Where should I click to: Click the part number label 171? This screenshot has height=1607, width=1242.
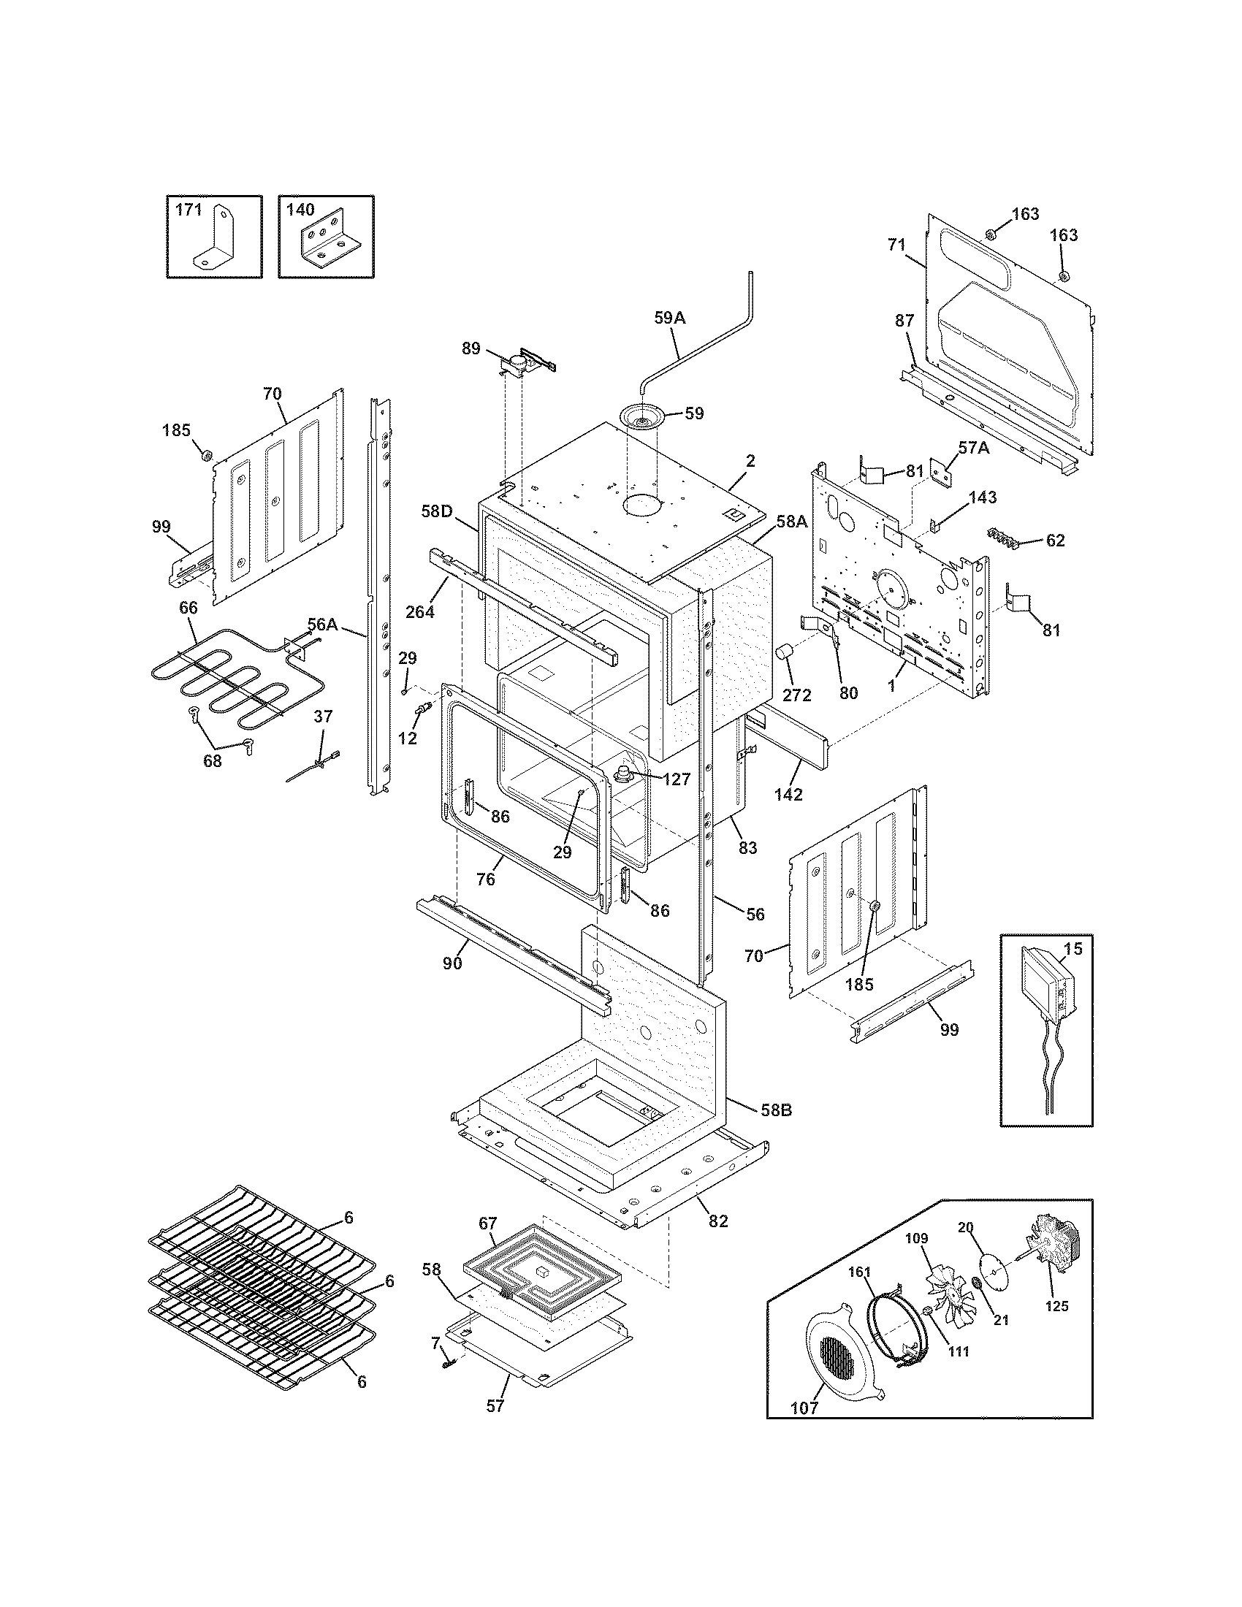188,210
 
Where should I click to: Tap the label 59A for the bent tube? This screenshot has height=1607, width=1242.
668,318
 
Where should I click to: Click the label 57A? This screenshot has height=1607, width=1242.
972,447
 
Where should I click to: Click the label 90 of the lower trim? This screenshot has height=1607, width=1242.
452,963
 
